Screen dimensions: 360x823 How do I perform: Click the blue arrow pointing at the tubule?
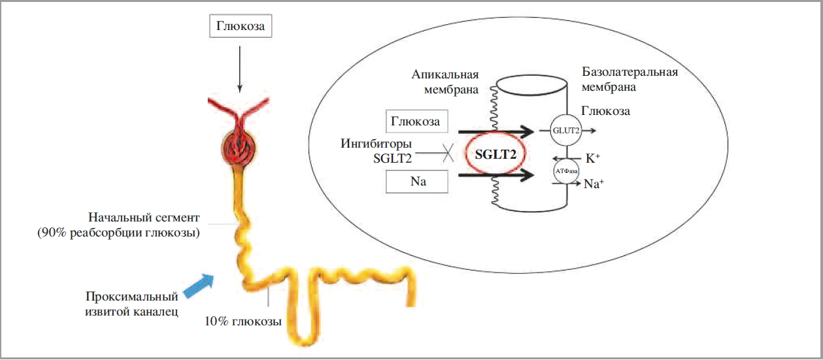[x=199, y=286]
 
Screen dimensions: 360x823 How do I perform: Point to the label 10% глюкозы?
[x=243, y=321]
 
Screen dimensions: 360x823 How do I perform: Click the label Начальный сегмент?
[x=144, y=217]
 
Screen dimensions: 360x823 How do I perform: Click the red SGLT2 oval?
[x=495, y=154]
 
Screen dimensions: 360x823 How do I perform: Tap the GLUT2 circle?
[x=566, y=130]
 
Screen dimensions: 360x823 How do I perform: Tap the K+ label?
[x=592, y=158]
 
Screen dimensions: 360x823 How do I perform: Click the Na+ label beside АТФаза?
[x=593, y=184]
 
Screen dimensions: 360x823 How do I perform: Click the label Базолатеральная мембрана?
[x=629, y=78]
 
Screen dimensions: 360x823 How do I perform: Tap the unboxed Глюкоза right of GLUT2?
[x=605, y=111]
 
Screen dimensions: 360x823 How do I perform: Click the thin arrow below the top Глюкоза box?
[x=239, y=66]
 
